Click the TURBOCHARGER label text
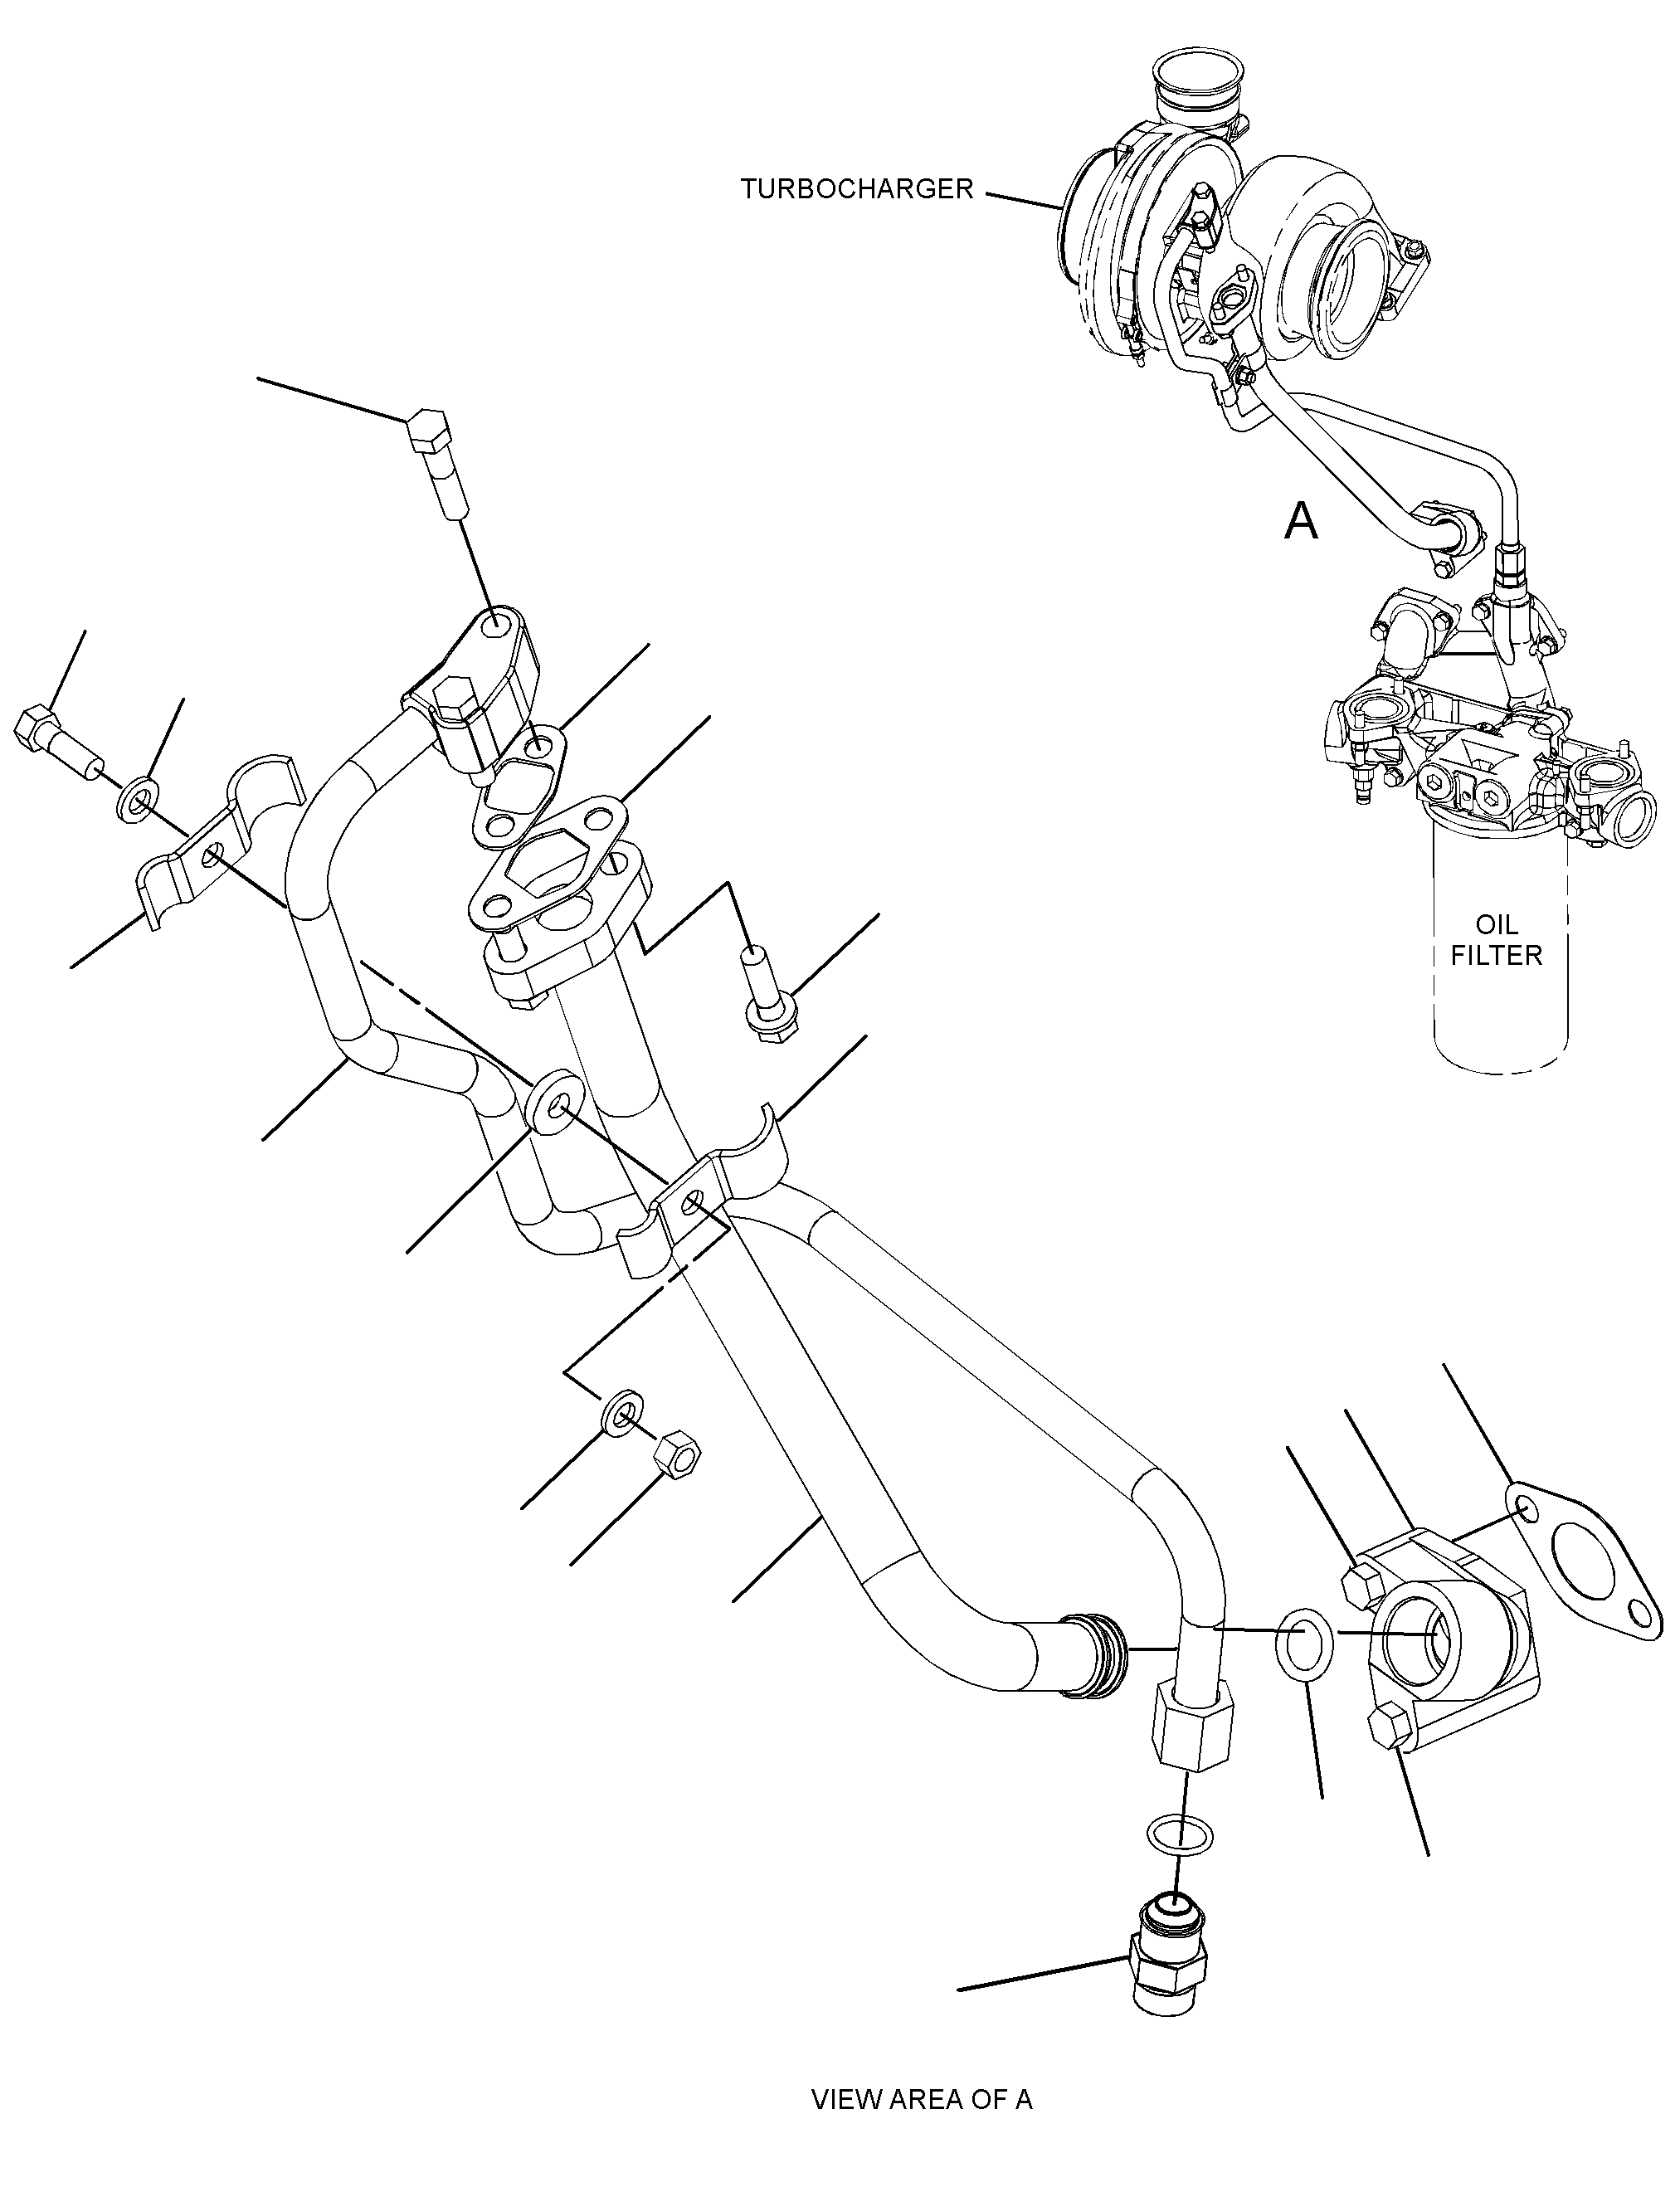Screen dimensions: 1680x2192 pos(856,189)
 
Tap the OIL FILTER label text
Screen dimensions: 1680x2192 pos(1496,939)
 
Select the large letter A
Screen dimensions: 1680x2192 pos(1301,521)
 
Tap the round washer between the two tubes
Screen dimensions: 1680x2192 pos(551,1105)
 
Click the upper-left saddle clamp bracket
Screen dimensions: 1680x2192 pos(220,845)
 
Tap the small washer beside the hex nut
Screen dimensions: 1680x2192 pos(624,1415)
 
